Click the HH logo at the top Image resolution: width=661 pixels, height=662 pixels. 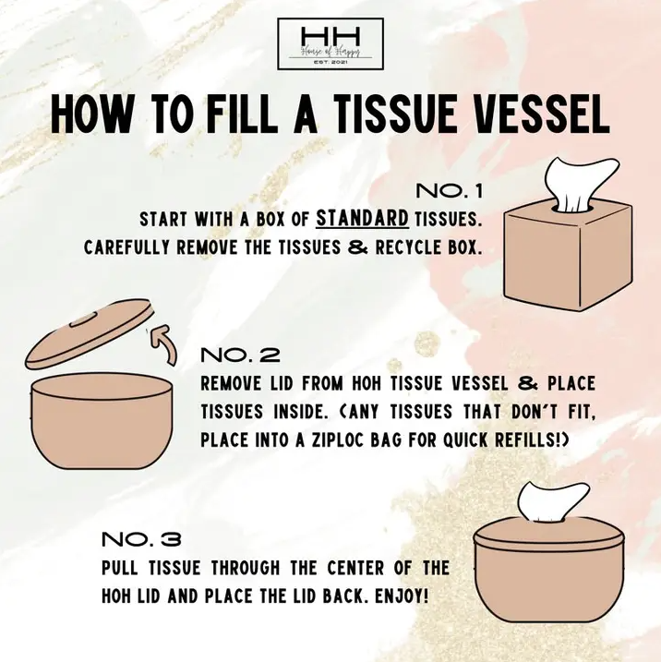330,43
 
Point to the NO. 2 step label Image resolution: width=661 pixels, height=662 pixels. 239,355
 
